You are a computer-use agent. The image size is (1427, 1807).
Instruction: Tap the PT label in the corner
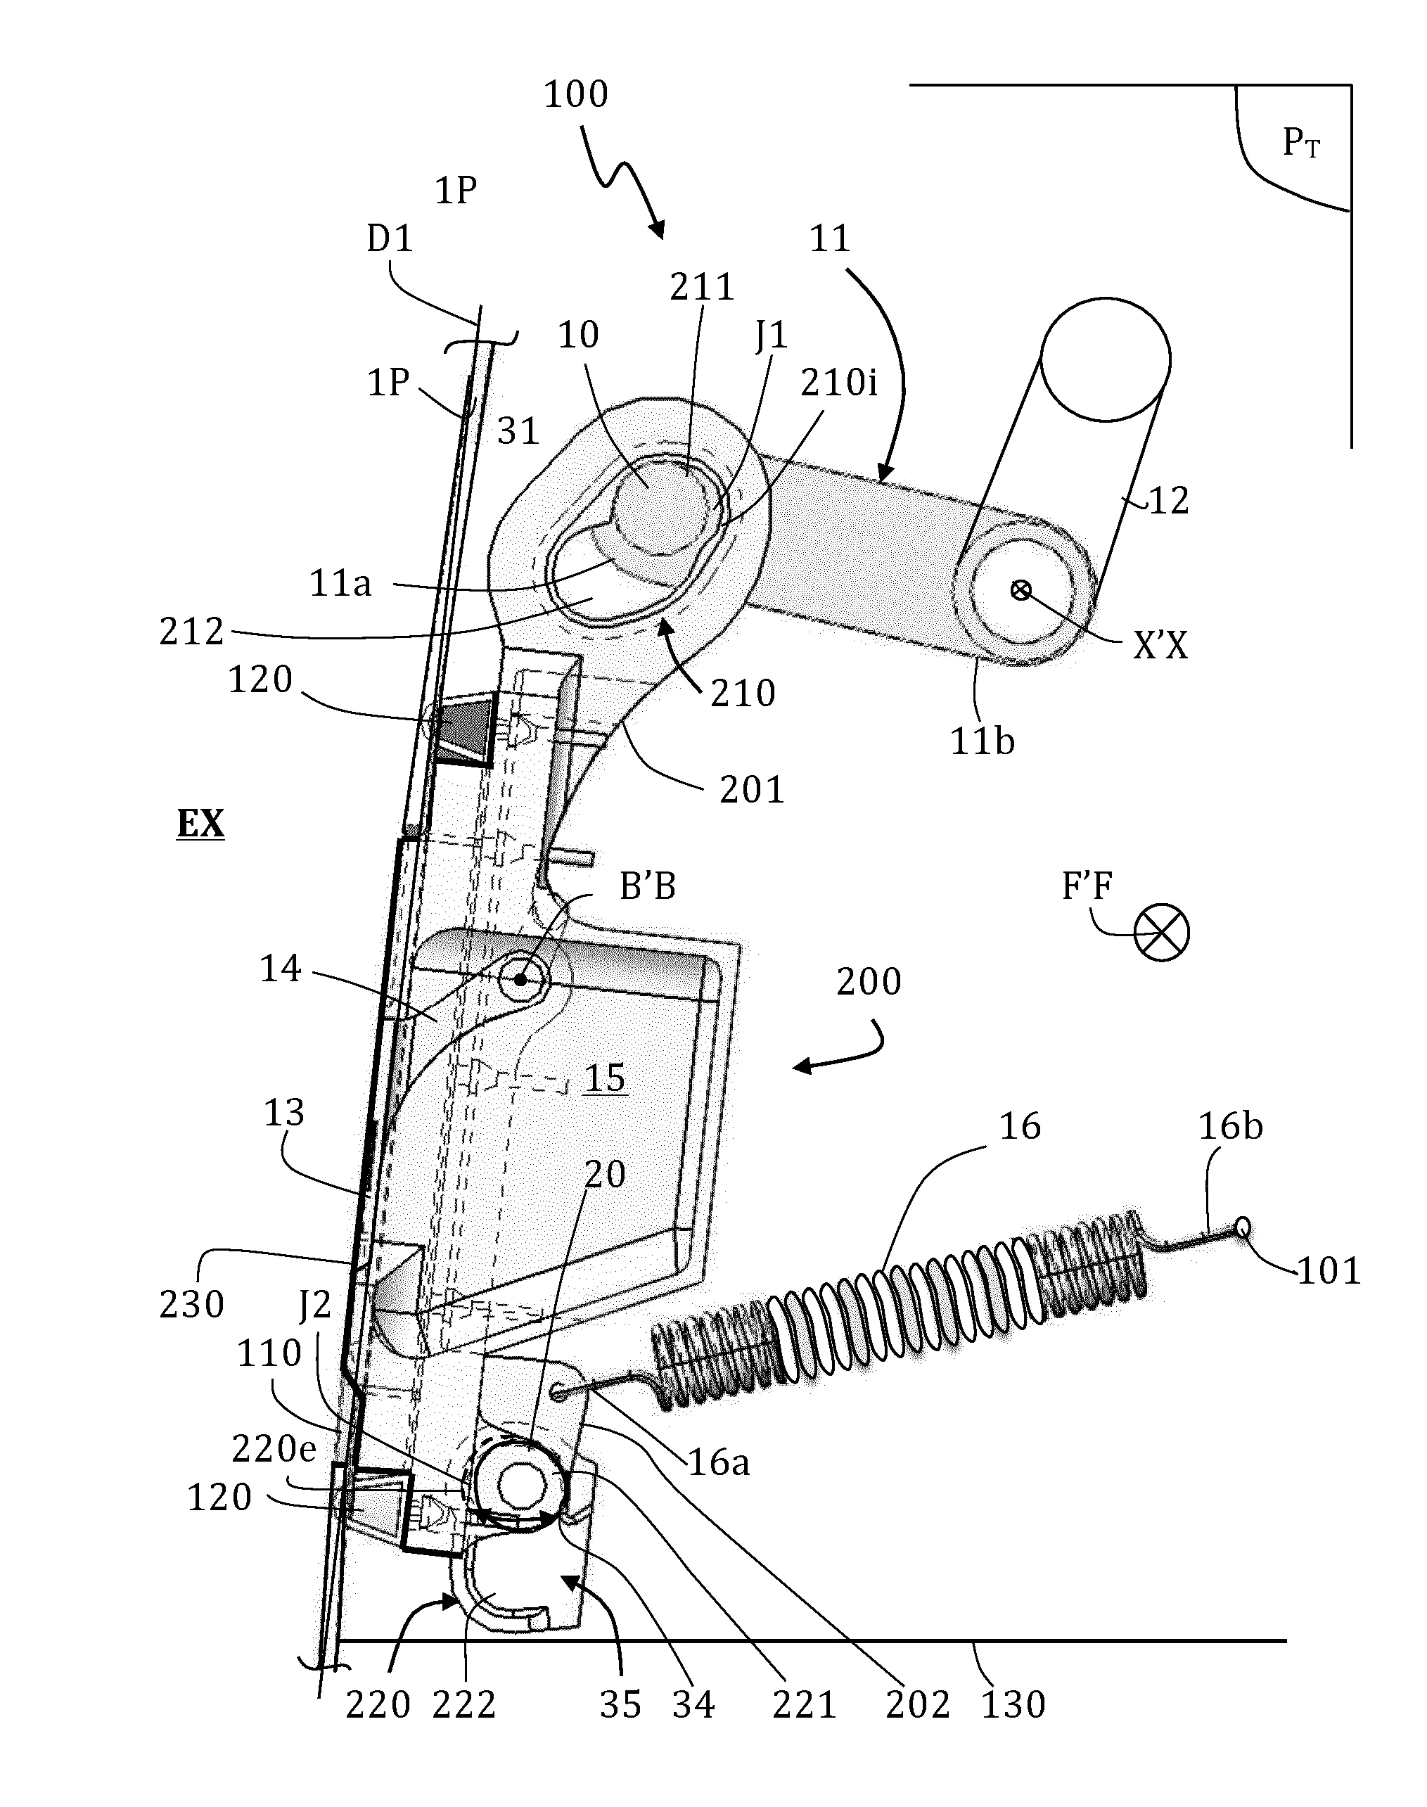tap(1301, 143)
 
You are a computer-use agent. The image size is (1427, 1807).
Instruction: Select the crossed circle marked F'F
tap(1161, 933)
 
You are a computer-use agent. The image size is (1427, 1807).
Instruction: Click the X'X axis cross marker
tap(1020, 591)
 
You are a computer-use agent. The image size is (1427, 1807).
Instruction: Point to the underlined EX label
tap(200, 824)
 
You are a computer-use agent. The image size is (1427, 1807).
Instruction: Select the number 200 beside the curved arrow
tap(869, 982)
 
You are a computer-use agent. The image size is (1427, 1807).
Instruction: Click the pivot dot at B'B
tap(520, 978)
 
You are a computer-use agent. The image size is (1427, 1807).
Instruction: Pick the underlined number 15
tap(605, 1078)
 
